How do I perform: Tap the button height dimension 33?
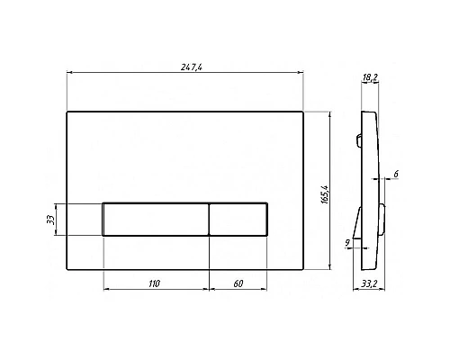(51, 219)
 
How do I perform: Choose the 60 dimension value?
(238, 283)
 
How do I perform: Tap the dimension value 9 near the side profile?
(348, 240)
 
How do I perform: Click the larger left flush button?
(157, 219)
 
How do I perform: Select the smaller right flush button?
(238, 219)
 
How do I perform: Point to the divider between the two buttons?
(210, 219)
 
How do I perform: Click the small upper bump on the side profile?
(358, 139)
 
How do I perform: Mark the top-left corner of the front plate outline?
(68, 112)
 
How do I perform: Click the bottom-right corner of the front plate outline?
(306, 267)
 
